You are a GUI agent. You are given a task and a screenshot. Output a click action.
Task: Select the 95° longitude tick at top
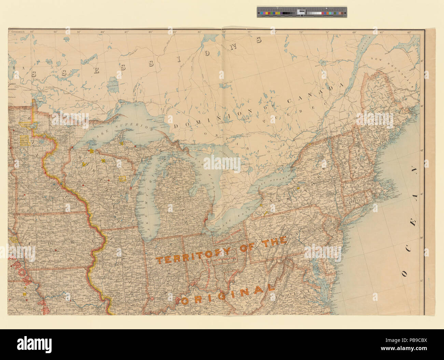[32, 32]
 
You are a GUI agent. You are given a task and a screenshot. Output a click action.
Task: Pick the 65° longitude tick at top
[409, 32]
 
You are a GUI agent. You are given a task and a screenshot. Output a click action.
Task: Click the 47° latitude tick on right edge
[422, 61]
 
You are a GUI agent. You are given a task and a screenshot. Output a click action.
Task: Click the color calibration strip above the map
[302, 12]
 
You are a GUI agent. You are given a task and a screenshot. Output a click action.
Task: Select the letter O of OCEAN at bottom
[405, 273]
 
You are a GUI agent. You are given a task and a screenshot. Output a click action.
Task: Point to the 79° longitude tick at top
[224, 32]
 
